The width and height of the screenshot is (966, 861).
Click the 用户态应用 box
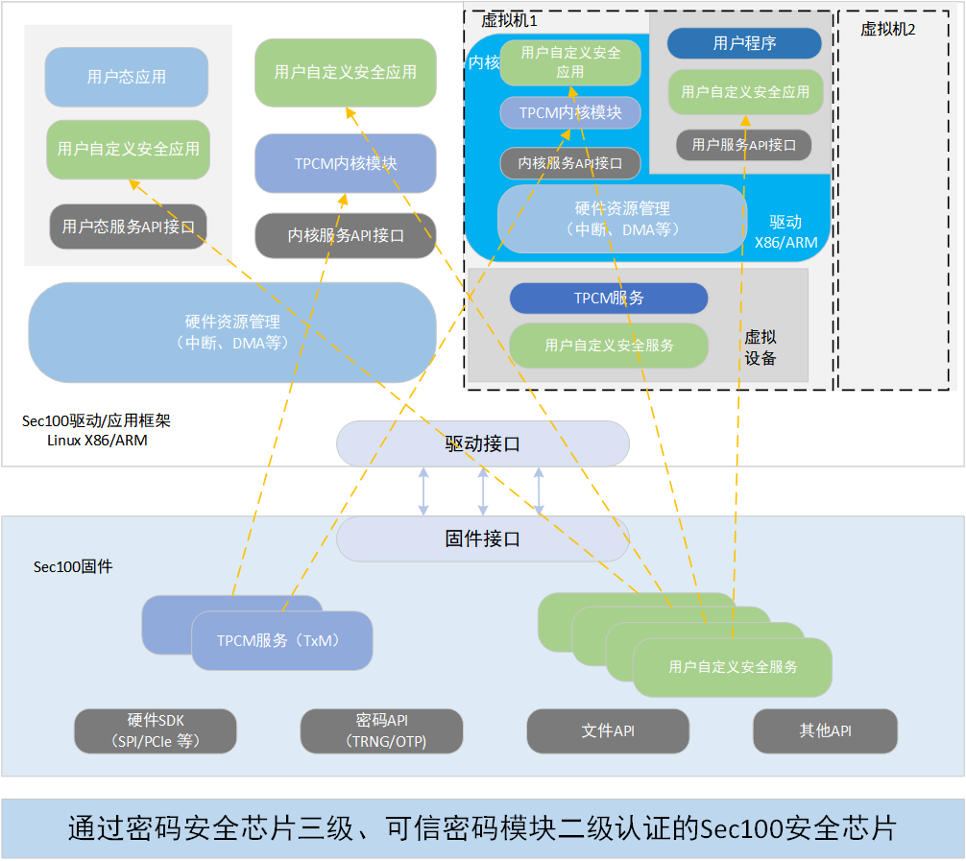(x=127, y=77)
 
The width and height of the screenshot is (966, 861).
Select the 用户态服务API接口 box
(x=128, y=227)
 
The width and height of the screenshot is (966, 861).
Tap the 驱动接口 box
(x=483, y=443)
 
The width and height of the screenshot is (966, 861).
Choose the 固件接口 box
(x=483, y=538)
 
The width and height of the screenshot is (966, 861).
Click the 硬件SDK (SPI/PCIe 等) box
(x=156, y=731)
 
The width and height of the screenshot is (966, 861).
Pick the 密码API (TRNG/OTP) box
(x=381, y=731)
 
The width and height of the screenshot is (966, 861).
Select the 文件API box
(x=608, y=731)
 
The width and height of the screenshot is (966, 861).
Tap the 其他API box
(x=826, y=731)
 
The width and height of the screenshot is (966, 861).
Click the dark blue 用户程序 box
(x=744, y=43)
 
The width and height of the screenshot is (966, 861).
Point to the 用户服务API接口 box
(x=743, y=145)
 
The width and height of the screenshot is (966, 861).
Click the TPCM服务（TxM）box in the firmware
(x=282, y=640)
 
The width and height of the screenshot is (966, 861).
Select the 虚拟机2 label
(x=888, y=29)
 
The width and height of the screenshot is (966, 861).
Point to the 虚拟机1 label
(x=509, y=20)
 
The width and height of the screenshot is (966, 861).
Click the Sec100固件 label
(x=73, y=566)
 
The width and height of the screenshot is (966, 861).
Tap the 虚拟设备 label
(x=761, y=347)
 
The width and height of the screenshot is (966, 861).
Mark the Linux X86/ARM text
(x=97, y=441)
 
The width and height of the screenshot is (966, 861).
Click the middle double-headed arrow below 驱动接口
(x=483, y=490)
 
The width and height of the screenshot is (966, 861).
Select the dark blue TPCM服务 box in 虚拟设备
(x=609, y=299)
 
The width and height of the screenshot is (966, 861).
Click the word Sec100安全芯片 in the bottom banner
(x=798, y=828)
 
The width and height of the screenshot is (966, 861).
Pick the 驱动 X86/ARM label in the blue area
(x=786, y=232)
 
